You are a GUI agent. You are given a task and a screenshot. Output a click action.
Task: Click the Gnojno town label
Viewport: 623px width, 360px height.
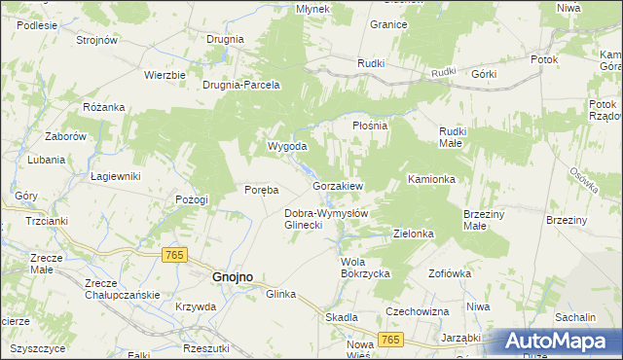click(x=233, y=276)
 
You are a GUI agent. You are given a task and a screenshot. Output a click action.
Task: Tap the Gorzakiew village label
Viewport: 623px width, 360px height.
click(x=338, y=185)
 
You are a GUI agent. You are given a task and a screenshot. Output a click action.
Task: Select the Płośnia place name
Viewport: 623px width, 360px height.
click(x=370, y=126)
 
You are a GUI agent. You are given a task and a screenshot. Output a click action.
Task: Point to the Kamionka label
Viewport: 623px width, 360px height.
click(x=432, y=179)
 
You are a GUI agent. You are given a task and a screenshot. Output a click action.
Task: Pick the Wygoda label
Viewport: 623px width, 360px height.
click(x=288, y=147)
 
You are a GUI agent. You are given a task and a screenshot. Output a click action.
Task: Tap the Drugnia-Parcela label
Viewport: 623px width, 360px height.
click(x=240, y=85)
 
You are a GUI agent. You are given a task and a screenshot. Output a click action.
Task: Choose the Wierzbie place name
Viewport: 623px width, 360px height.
click(x=165, y=75)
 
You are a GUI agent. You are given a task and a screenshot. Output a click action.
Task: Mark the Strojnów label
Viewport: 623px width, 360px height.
click(x=96, y=40)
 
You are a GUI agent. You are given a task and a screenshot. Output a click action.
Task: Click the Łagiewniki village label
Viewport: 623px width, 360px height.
click(x=116, y=176)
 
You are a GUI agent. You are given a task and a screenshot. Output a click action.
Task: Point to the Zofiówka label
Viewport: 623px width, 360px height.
click(x=449, y=273)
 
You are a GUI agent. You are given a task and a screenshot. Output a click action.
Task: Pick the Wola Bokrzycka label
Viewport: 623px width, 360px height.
click(x=365, y=268)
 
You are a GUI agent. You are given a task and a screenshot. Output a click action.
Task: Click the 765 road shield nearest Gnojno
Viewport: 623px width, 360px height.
click(x=174, y=254)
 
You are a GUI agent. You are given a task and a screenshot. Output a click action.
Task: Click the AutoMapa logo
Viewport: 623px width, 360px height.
click(x=555, y=342)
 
